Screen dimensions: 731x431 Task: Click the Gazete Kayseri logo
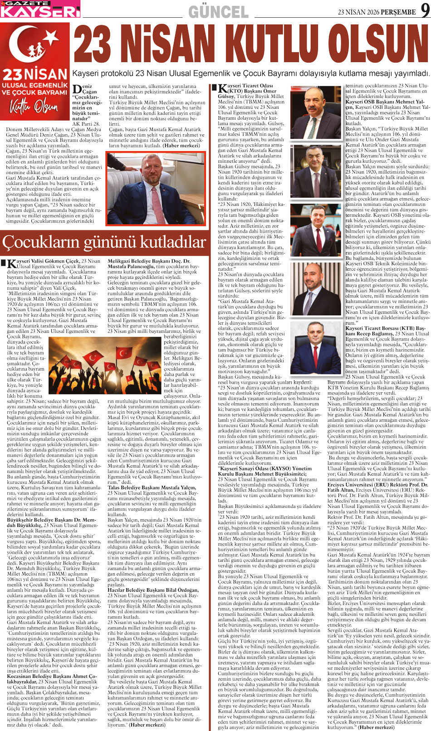40,9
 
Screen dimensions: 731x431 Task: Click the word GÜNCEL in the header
218,11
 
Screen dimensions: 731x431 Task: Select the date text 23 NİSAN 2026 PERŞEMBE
377,12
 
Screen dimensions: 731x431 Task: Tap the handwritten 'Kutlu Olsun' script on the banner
34,106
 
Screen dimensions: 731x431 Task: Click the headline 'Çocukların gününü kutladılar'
104,243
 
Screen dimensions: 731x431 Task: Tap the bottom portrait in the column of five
316,348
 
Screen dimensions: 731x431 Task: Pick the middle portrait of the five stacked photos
316,231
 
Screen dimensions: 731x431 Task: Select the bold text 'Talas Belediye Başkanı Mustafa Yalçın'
152,487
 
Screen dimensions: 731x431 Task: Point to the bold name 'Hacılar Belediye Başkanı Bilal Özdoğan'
153,590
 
